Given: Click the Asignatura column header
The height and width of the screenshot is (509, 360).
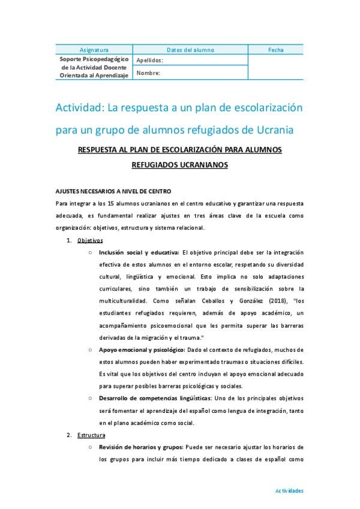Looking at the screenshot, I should click(x=94, y=50).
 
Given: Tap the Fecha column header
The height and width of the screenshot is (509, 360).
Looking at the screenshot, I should click(x=276, y=50).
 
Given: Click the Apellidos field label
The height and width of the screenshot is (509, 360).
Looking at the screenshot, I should click(x=149, y=61).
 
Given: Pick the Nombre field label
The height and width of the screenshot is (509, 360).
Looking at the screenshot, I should click(x=148, y=73).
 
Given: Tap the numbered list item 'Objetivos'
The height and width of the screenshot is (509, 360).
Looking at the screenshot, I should click(x=90, y=240).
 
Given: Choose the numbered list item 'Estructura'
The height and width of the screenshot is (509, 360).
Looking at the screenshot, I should click(x=92, y=435).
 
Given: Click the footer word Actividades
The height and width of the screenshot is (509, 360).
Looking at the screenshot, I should click(x=289, y=490).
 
